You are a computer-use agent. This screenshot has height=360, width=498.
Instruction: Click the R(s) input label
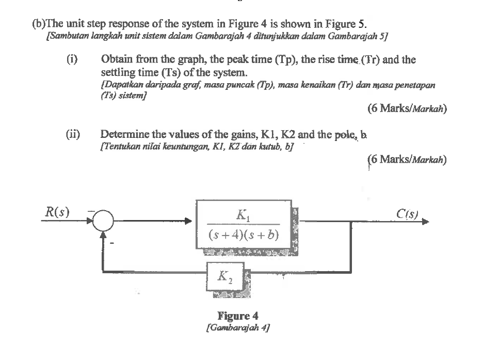58,212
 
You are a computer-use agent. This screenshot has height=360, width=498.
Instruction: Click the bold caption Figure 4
237,315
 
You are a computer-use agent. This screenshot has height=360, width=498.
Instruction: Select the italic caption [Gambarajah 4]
238,326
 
